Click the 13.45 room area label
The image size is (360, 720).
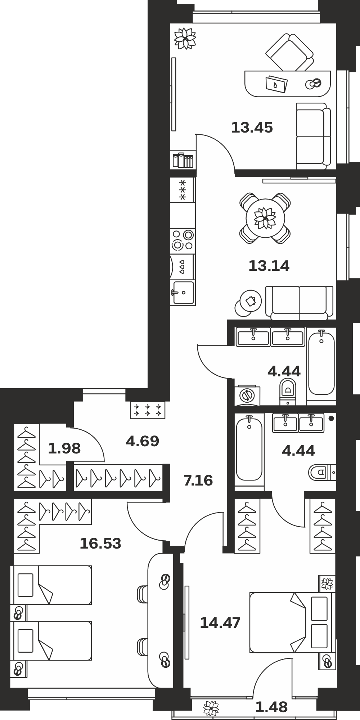click(252, 128)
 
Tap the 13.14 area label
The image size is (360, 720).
click(269, 266)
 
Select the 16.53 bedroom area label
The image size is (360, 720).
click(100, 544)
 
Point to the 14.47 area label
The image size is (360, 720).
click(220, 622)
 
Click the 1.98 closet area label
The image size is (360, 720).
click(64, 448)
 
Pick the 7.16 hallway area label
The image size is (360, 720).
click(198, 480)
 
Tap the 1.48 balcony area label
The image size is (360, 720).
click(271, 707)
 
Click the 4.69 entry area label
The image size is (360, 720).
click(142, 441)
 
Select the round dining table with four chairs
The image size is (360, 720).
click(265, 218)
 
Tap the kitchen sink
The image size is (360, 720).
click(183, 293)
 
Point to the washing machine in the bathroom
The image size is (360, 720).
click(247, 395)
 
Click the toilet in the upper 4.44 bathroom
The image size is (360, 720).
click(287, 392)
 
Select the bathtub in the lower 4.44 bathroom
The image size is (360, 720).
click(249, 449)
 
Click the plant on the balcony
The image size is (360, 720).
click(211, 708)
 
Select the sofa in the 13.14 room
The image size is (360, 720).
click(299, 303)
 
